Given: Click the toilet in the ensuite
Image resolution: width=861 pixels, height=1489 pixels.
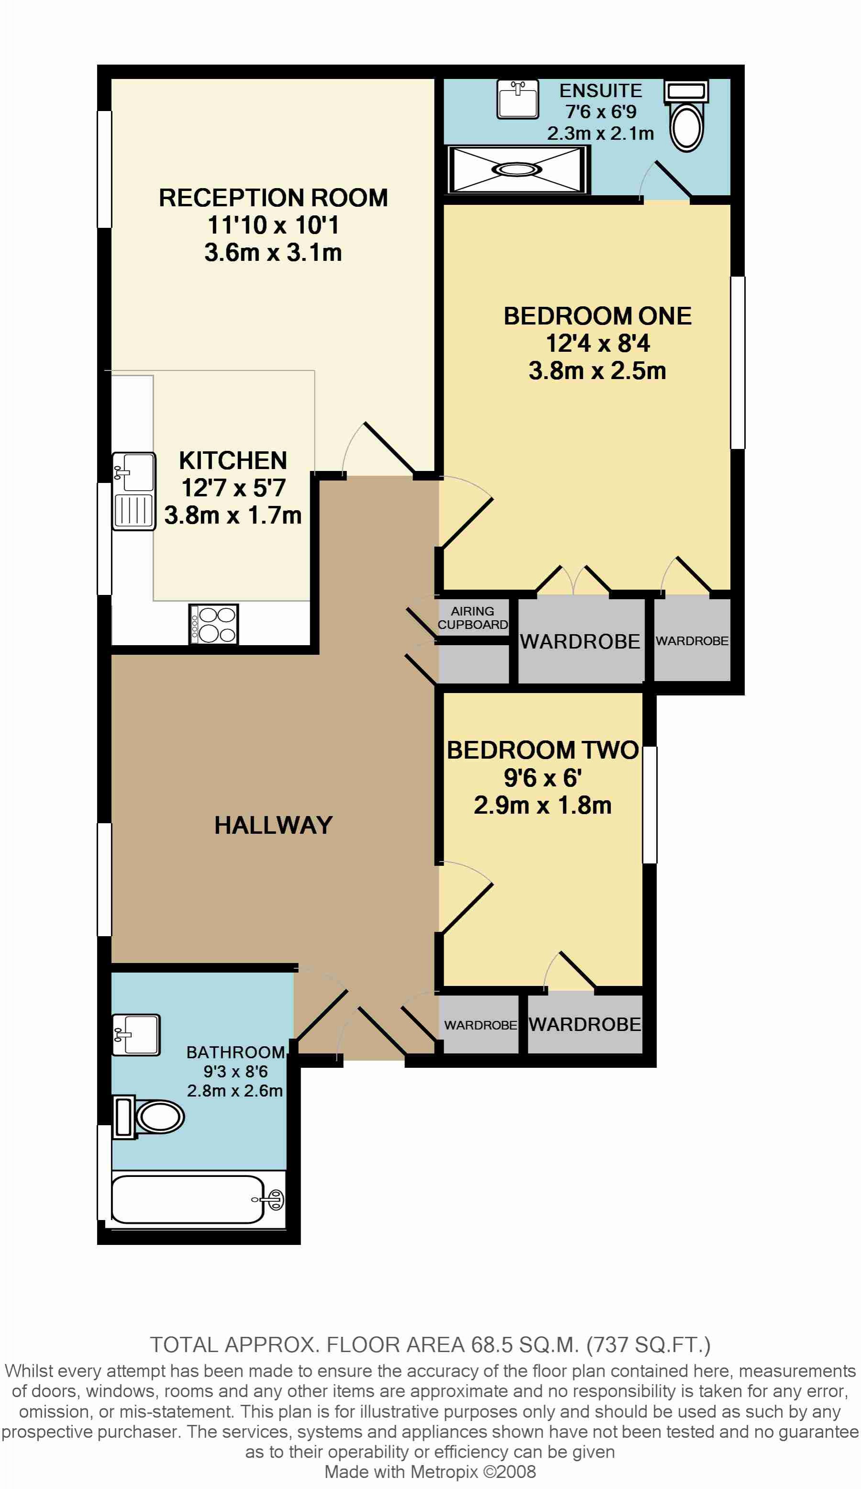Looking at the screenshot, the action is point(686,116).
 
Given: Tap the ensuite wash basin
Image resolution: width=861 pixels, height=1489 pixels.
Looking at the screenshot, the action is point(517,99).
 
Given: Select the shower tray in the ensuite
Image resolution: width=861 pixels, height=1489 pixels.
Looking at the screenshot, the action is point(517,169).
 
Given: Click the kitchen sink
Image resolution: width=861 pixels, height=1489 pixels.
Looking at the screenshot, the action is point(134,491).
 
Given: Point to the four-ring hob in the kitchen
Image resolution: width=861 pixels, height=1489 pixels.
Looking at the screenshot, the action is point(213,624).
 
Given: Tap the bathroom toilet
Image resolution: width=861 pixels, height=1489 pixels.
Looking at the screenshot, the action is point(148,1117).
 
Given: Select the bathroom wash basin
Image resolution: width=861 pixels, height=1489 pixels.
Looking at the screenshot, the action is point(136,1035).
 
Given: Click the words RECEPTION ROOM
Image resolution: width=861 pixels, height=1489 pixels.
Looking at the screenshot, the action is point(273,197).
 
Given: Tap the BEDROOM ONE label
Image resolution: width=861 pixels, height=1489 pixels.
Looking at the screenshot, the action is point(597,315).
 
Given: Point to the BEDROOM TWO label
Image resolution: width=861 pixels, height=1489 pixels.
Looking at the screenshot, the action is point(542,750).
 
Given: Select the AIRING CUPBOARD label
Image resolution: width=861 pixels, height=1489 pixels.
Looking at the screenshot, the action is point(473,617).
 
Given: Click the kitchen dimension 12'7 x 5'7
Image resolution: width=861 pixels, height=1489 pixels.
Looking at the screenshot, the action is point(234,487).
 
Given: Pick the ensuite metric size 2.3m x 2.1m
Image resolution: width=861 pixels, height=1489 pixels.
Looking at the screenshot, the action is point(600,133).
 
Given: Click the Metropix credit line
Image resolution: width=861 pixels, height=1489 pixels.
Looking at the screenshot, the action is point(430,1472).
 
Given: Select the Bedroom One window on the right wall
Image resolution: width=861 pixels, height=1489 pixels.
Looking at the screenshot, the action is point(738,363).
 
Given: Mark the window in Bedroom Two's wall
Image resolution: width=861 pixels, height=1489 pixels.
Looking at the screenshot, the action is point(649,805).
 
